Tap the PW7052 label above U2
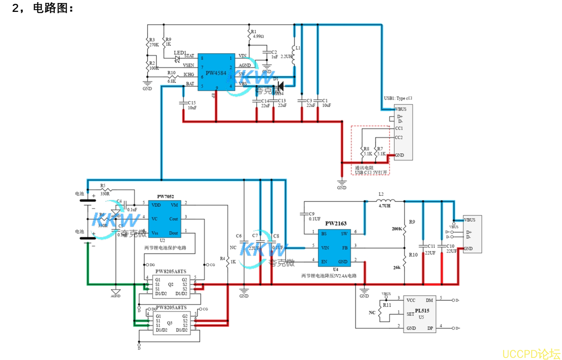pyautogui.click(x=165, y=197)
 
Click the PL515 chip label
pyautogui.click(x=422, y=311)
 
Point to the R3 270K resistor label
pyautogui.click(x=154, y=42)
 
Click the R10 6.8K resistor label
pyautogui.click(x=172, y=76)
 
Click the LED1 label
pyautogui.click(x=180, y=53)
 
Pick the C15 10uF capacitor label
pyautogui.click(x=192, y=105)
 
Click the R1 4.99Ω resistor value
pyautogui.click(x=258, y=37)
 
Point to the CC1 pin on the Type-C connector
pyautogui.click(x=399, y=128)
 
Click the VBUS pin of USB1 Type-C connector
pyautogui.click(x=401, y=109)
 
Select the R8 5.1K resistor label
pyautogui.click(x=367, y=152)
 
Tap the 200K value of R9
pyautogui.click(x=397, y=229)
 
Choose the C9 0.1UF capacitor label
pyautogui.click(x=314, y=216)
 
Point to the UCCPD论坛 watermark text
pyautogui.click(x=531, y=353)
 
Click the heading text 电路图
pyautogui.click(x=53, y=9)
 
